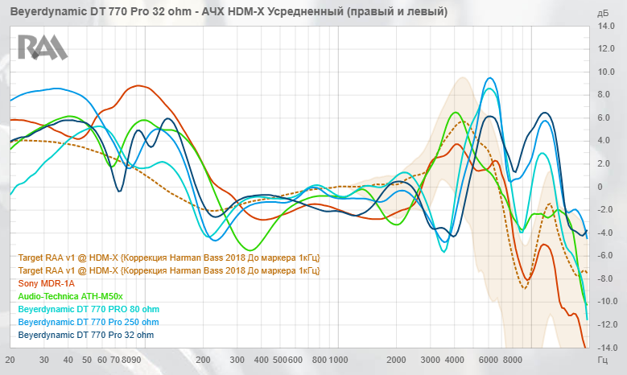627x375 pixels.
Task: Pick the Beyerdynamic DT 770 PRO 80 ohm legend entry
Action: coord(89,309)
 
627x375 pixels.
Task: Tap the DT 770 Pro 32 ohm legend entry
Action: coord(85,335)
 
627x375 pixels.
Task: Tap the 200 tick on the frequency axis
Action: coord(203,360)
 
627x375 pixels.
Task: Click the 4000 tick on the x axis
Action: coord(455,360)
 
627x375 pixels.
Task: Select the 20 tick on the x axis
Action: coord(10,360)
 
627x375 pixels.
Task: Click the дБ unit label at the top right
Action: coord(604,14)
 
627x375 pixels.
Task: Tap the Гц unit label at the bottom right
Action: coord(604,360)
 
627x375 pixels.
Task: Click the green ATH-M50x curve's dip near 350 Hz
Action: coord(251,249)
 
